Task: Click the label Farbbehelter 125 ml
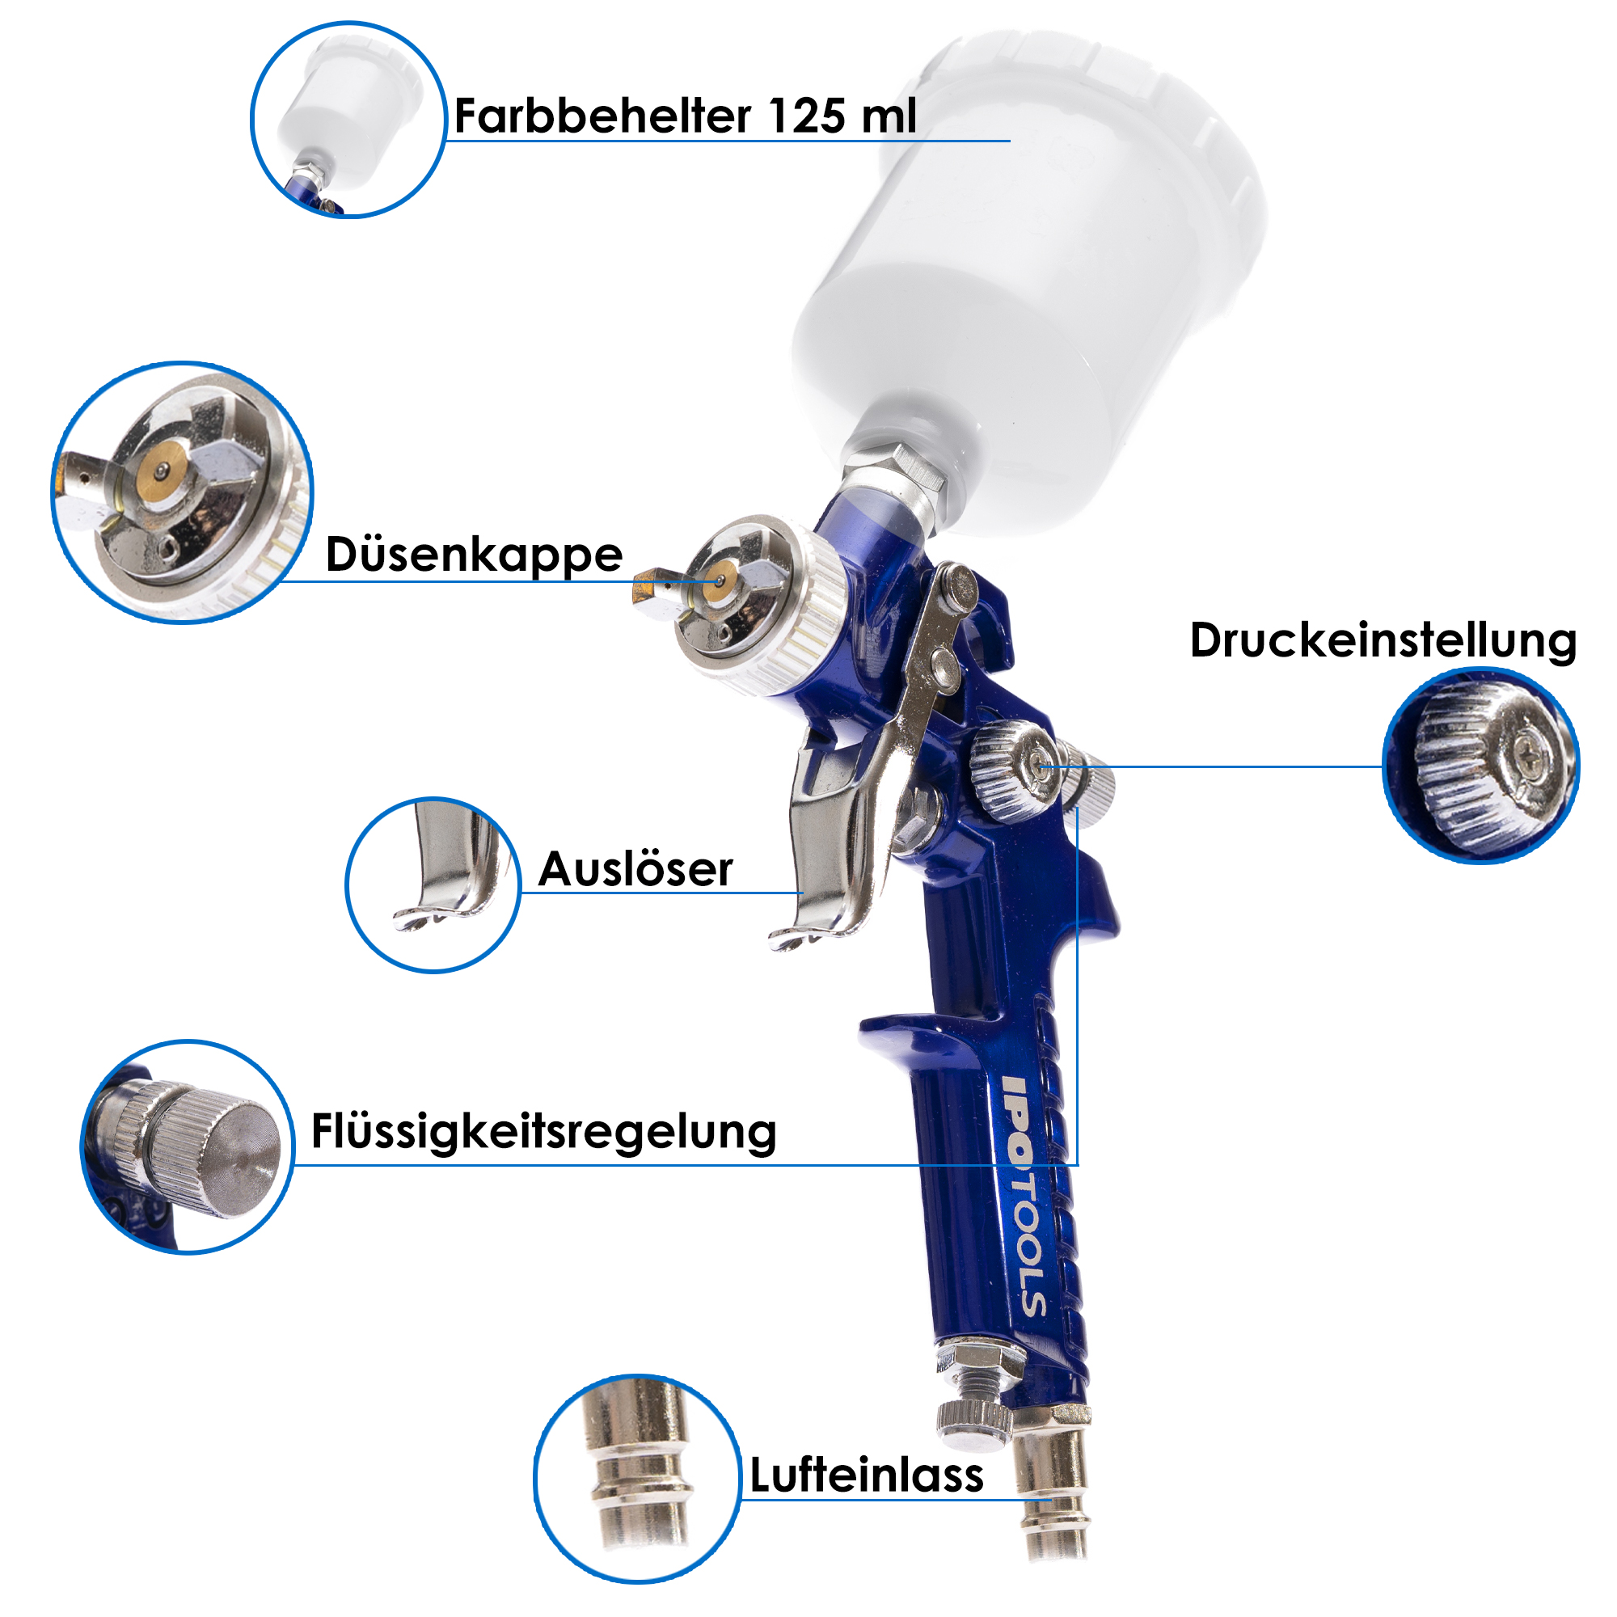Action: point(686,116)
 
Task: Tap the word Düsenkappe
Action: point(474,555)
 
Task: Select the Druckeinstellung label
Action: point(1383,642)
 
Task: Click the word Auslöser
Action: point(636,869)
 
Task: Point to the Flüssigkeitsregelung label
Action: point(544,1134)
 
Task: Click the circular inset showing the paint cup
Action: point(348,120)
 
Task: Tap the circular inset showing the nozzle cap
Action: point(183,493)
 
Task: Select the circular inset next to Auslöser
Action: point(433,884)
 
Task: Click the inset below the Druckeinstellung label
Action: point(1480,765)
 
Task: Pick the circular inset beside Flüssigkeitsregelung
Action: point(188,1147)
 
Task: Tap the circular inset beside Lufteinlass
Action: point(638,1479)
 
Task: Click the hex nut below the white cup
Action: point(894,469)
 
